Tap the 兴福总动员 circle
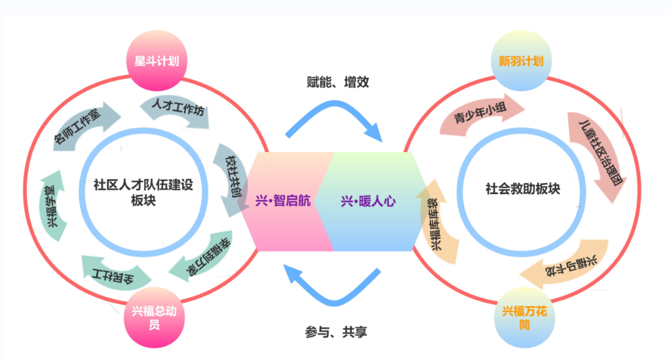(x=152, y=317)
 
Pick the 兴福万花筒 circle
(x=524, y=317)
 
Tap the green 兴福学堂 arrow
(x=52, y=204)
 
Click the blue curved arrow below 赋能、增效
(x=335, y=118)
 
